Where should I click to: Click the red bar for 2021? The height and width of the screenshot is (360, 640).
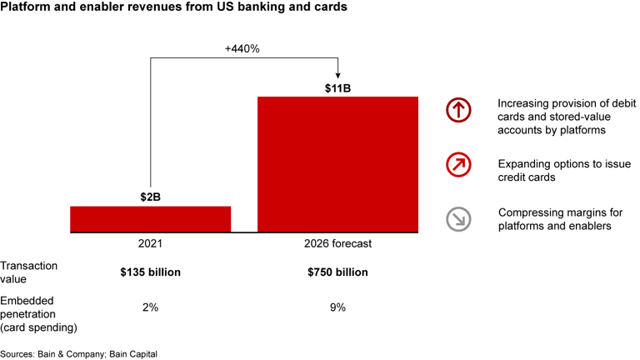coord(150,218)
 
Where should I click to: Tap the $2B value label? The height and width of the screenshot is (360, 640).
coord(150,197)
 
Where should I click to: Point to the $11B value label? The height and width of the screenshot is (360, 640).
coord(337,87)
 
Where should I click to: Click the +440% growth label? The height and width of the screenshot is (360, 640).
coord(242,48)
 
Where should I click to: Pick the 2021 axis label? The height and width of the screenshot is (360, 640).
coord(150,244)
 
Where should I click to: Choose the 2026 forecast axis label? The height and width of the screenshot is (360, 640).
coord(337,244)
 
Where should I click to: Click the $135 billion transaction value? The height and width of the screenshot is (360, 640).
coord(150,272)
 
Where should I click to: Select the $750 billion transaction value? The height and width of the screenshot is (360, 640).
coord(337,272)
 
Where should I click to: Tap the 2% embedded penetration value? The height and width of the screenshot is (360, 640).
coord(150,307)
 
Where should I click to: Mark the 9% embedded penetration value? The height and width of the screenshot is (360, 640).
coord(337,307)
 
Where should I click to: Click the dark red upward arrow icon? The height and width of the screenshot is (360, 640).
coord(458,110)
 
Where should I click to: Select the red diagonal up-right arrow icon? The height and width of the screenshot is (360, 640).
coord(458,165)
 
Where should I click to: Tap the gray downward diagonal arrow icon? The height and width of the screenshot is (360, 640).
coord(458,219)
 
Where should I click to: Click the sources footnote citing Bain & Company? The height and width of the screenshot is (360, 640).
coord(79,354)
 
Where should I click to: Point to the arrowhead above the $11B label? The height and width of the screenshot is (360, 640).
coord(337,72)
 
